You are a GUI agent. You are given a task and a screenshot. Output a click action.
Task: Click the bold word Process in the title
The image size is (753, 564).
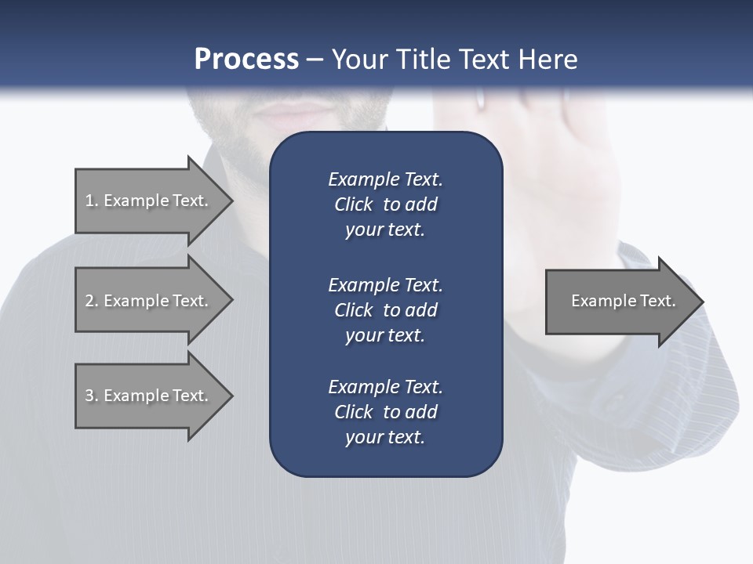pos(246,60)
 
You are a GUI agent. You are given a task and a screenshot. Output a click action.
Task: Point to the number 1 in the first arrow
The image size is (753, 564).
pos(89,201)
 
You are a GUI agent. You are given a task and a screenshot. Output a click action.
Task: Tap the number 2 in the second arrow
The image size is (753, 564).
pos(89,301)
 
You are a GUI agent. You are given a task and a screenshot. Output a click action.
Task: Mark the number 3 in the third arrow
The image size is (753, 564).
pos(89,396)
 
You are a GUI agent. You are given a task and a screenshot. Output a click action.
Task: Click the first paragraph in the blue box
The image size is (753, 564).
pos(385,204)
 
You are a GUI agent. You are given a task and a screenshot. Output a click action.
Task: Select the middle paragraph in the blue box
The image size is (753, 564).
pos(385,309)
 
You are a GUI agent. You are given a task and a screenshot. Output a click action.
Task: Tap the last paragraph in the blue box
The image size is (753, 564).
pos(385,412)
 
